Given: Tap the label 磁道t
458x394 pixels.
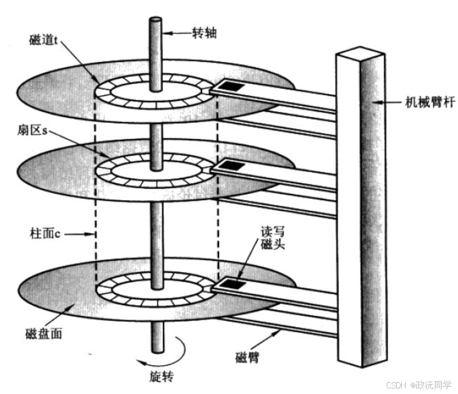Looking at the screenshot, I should [45, 41].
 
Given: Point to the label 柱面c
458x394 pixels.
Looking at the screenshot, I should [45, 232].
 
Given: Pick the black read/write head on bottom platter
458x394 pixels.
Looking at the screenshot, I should [231, 285].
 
